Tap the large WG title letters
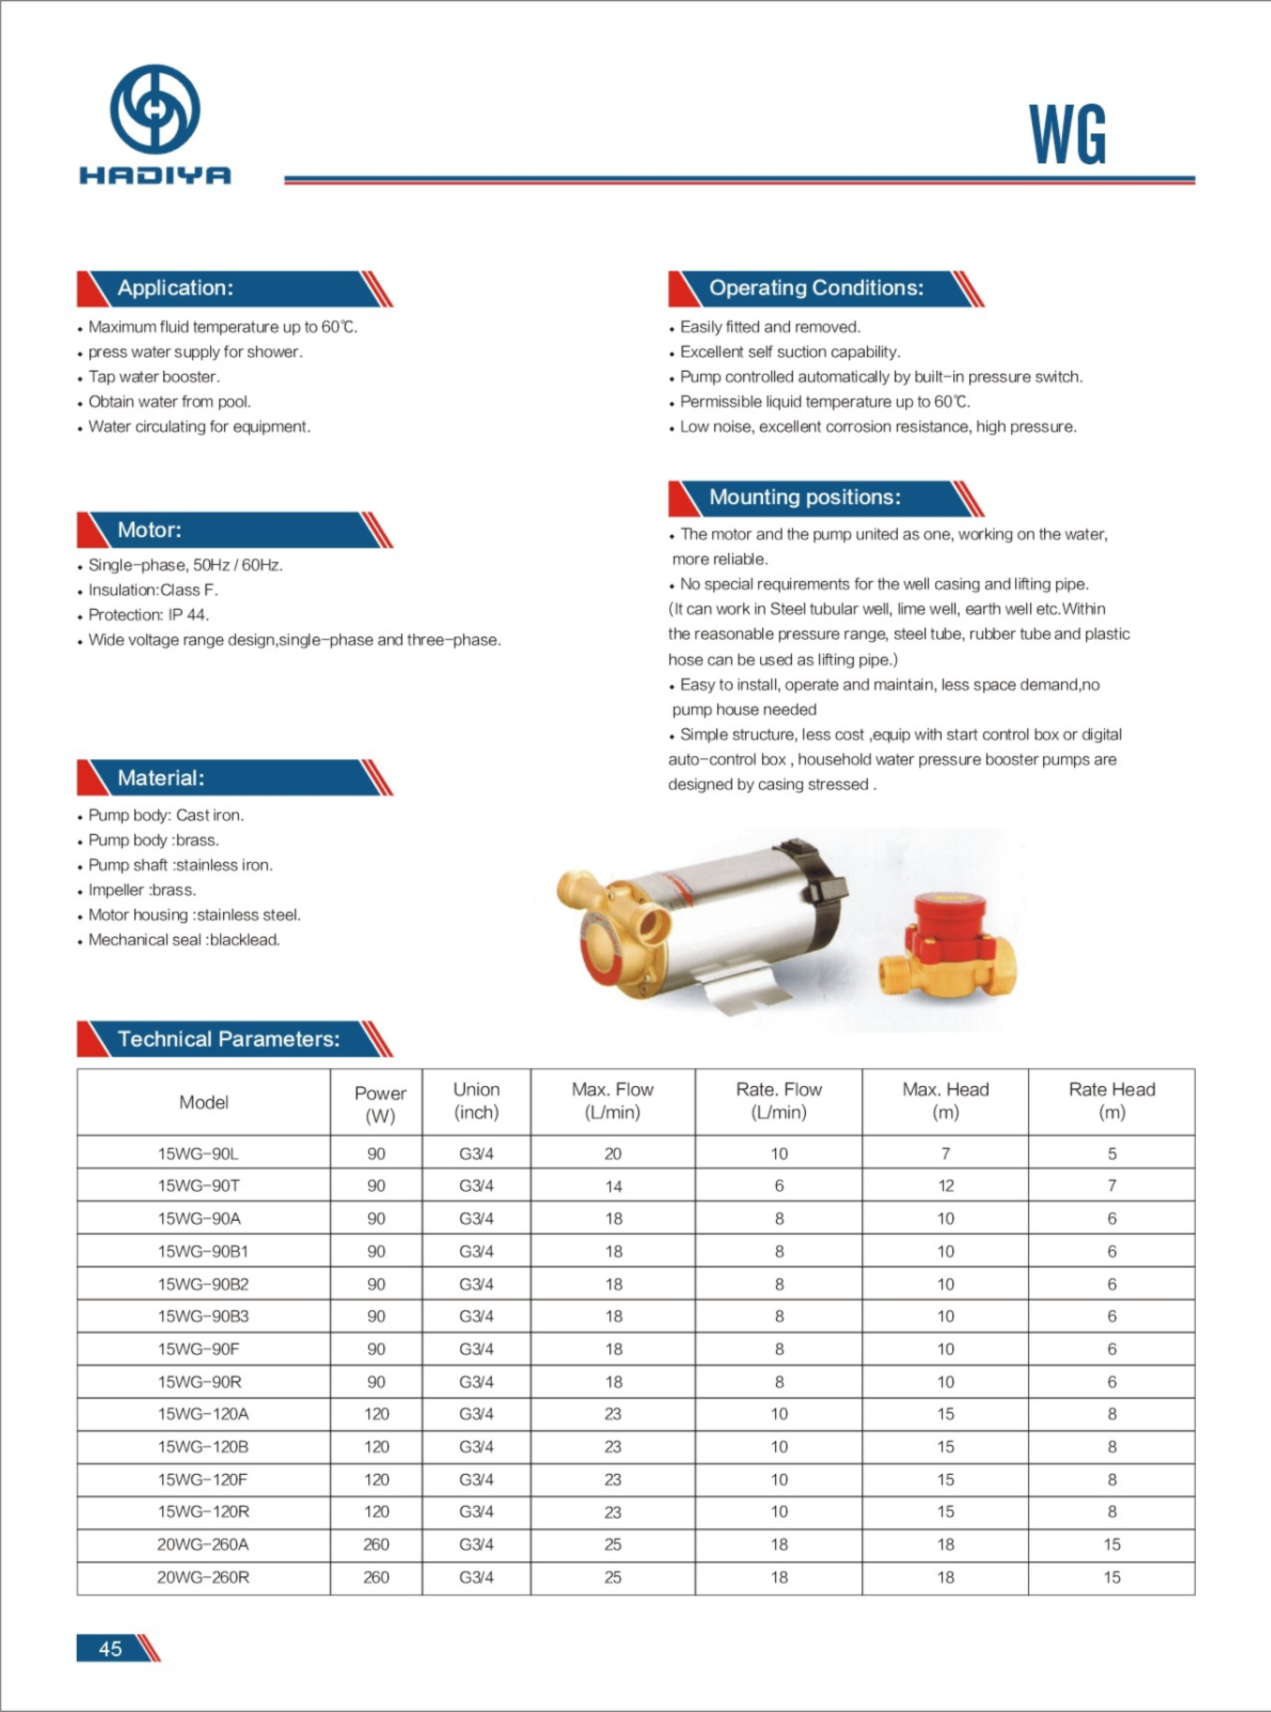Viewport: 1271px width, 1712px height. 1067,136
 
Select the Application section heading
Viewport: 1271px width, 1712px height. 175,288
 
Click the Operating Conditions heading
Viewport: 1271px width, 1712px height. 816,288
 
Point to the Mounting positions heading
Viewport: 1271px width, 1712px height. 804,497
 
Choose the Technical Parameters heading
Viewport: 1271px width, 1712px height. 229,1039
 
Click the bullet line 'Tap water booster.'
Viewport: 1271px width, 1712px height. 154,377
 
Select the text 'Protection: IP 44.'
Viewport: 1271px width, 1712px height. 148,615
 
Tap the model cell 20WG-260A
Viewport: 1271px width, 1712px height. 202,1544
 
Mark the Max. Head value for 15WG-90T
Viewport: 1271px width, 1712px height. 946,1186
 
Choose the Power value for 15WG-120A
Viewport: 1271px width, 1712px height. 376,1414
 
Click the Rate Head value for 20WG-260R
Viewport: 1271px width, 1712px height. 1112,1577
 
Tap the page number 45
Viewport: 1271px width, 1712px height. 110,1648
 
